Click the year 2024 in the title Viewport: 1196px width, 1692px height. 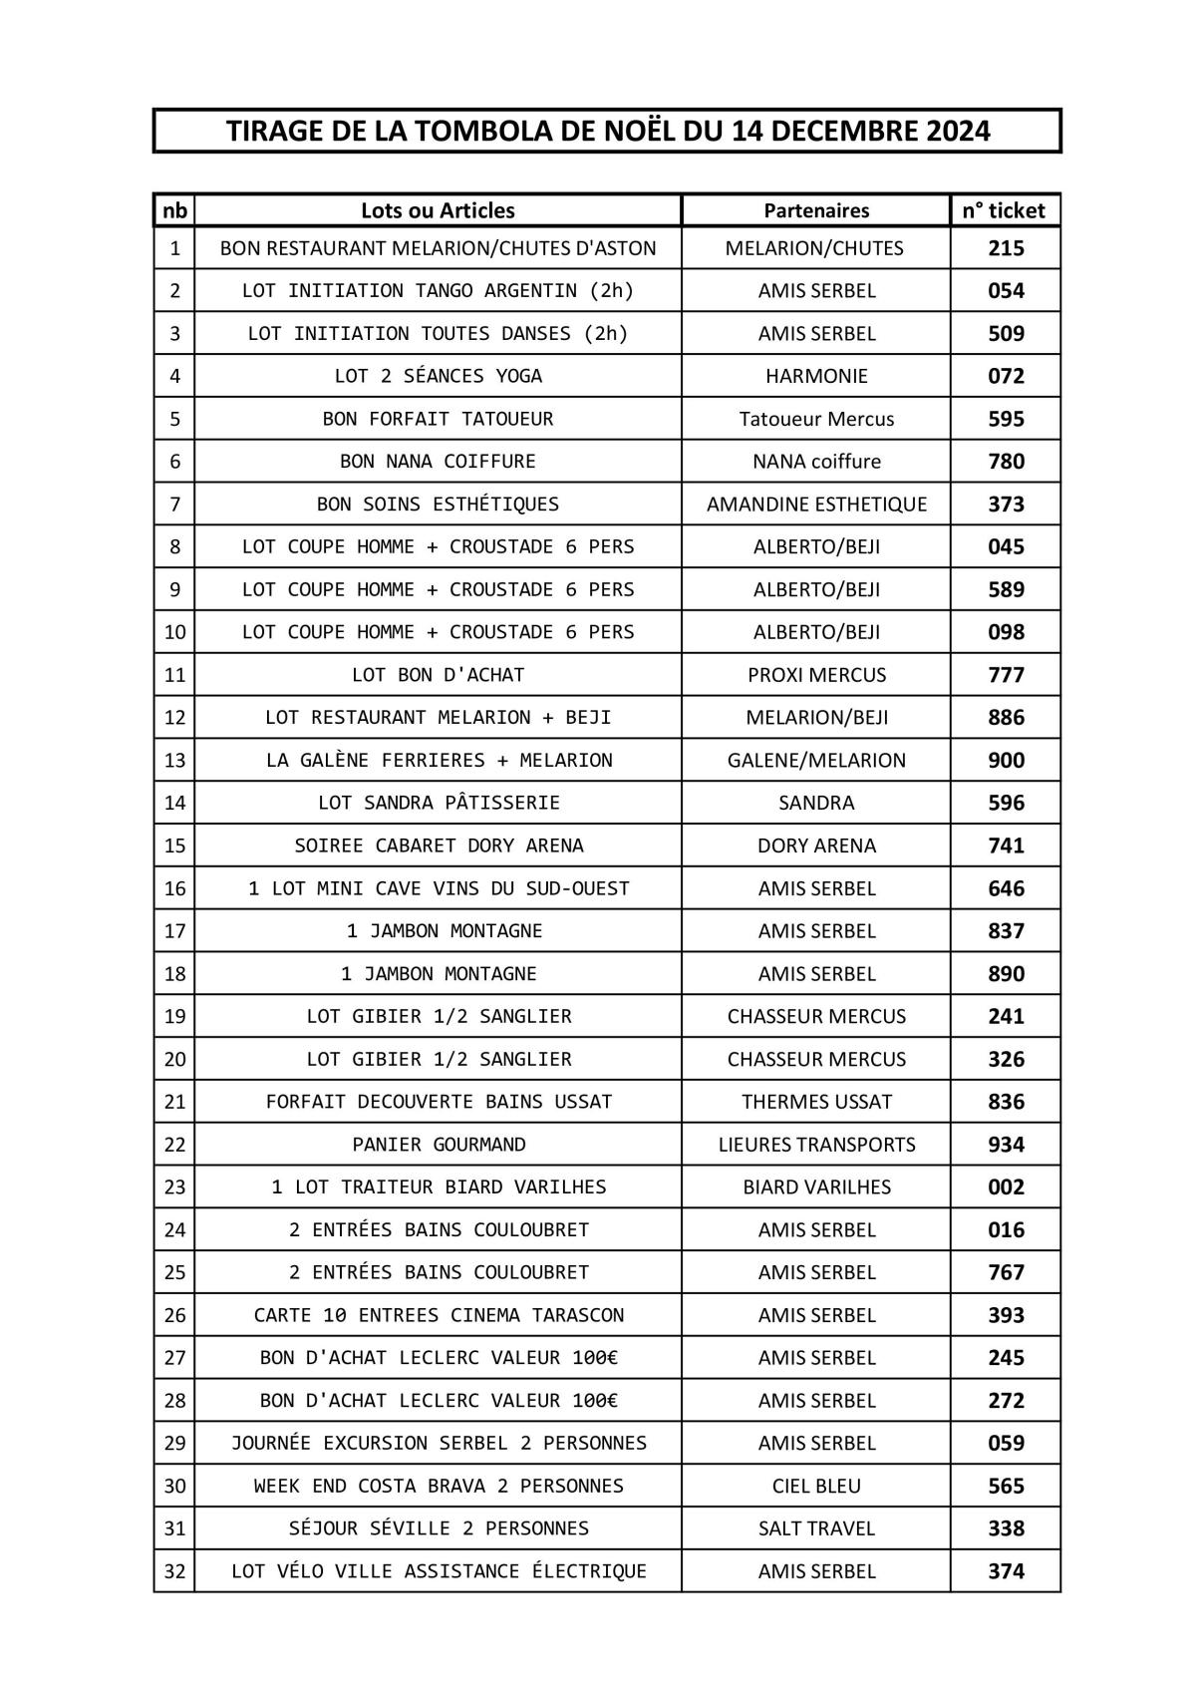coord(958,131)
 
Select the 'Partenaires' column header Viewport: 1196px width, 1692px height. coord(816,210)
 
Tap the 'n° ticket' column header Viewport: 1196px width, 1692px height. coord(1004,210)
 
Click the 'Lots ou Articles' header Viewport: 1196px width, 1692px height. coord(438,210)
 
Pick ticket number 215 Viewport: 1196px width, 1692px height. coord(1006,248)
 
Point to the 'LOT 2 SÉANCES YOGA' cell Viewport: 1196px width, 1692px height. coord(438,376)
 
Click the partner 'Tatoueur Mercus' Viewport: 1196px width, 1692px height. coord(816,419)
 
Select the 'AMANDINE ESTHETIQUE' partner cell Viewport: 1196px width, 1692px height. coord(816,505)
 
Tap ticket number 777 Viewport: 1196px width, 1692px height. coord(1006,675)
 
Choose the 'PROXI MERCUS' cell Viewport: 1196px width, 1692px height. coord(816,675)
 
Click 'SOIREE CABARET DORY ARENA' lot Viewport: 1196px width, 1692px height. coord(439,846)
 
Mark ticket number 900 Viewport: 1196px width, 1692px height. coord(1006,761)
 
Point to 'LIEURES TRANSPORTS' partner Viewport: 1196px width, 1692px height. coord(816,1145)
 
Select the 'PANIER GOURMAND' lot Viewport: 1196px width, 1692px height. coord(439,1145)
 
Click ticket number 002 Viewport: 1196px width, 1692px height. coord(1006,1187)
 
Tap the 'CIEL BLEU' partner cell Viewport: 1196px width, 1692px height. coord(816,1486)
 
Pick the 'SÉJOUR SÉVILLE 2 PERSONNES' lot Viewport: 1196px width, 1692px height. coord(439,1528)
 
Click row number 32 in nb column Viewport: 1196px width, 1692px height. coord(174,1571)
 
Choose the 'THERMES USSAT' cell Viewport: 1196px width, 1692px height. coord(816,1102)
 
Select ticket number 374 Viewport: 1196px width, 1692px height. coord(1006,1571)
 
